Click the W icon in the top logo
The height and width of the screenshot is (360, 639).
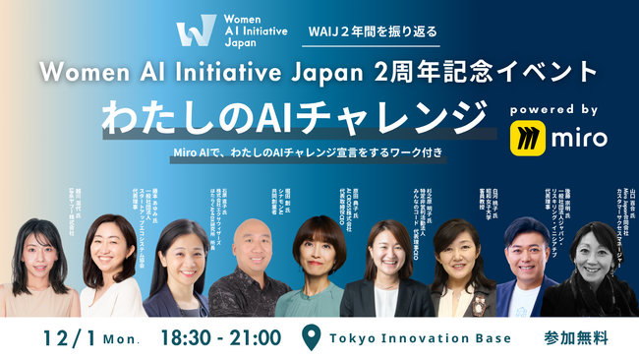[x=193, y=30]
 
